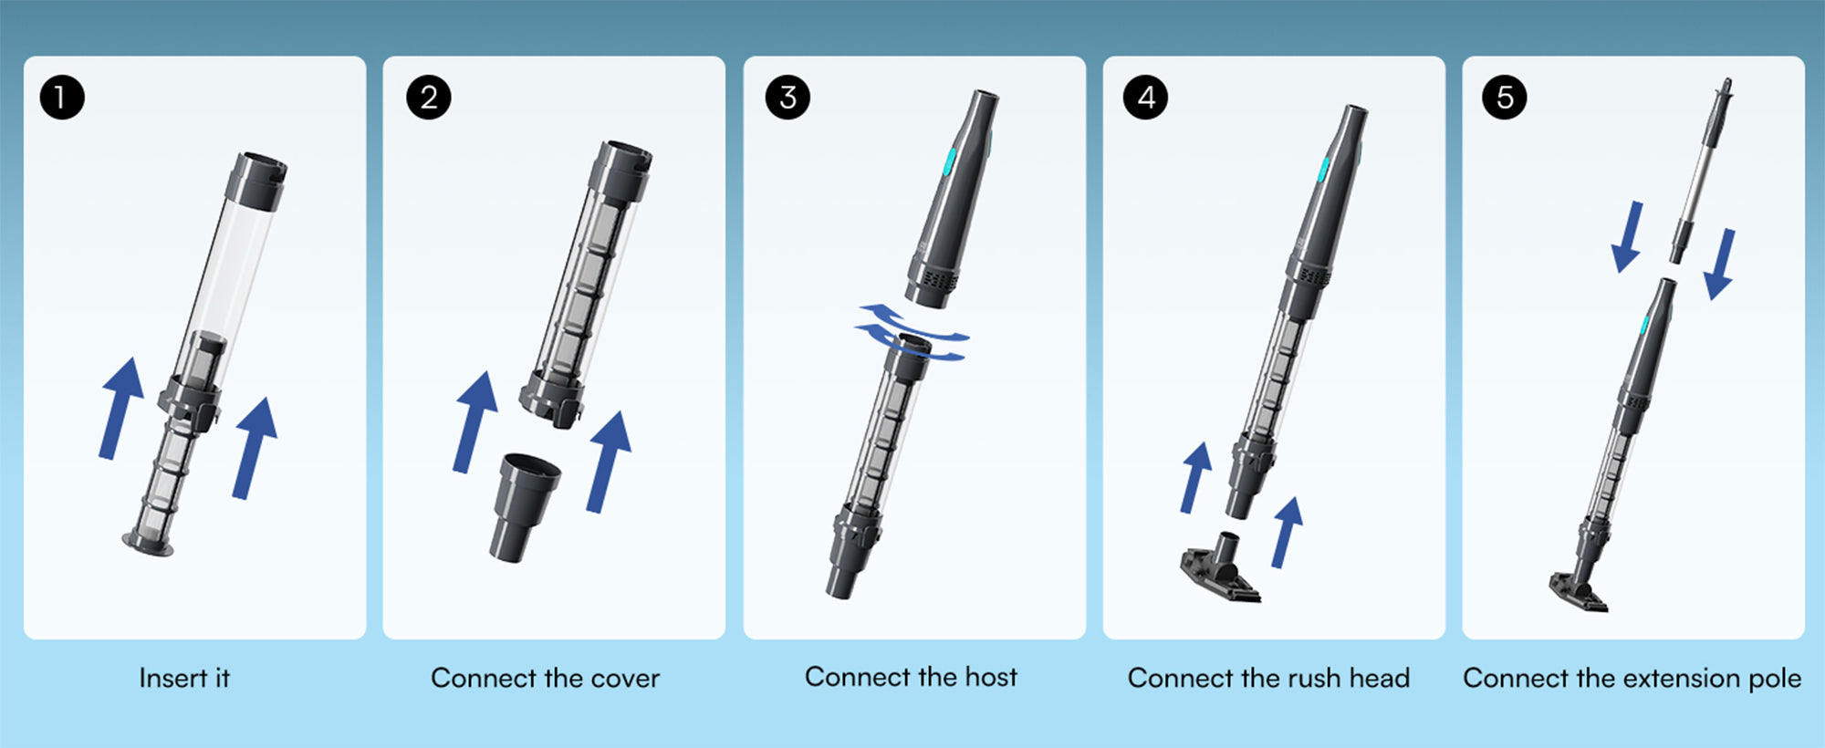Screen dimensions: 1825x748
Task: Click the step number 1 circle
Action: pyautogui.click(x=62, y=98)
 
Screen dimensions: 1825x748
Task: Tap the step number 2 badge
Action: pyautogui.click(x=428, y=98)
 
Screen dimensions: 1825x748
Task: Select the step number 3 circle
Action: pyautogui.click(x=787, y=98)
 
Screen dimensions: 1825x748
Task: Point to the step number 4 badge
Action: pyautogui.click(x=1145, y=98)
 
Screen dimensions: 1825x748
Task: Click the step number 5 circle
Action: pyautogui.click(x=1505, y=98)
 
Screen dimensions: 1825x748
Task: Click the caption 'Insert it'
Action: pyautogui.click(x=184, y=678)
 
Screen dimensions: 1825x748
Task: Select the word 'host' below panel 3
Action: pyautogui.click(x=991, y=677)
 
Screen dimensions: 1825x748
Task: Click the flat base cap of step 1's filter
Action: pyautogui.click(x=148, y=544)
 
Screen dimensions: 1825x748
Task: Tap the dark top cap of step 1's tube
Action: pyautogui.click(x=256, y=181)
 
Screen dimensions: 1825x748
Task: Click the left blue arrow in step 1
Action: pyautogui.click(x=122, y=408)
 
